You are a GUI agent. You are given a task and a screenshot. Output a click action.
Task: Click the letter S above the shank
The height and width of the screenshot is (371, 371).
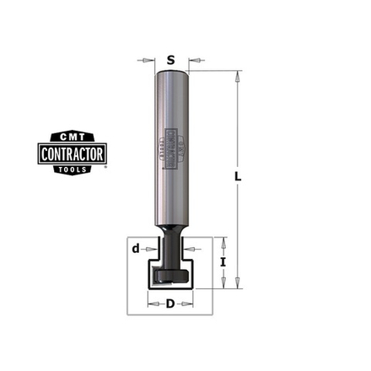pos(171,60)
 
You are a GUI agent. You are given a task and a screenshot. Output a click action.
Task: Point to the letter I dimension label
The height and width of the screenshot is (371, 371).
pos(223,263)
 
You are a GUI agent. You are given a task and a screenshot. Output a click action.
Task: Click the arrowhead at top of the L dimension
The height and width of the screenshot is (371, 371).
pos(238,75)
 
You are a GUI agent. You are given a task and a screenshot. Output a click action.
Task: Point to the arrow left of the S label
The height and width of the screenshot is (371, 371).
pos(149,60)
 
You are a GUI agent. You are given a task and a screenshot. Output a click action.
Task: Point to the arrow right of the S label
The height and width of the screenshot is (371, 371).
pos(194,60)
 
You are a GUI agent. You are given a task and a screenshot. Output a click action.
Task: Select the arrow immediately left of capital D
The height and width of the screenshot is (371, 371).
pos(154,303)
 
